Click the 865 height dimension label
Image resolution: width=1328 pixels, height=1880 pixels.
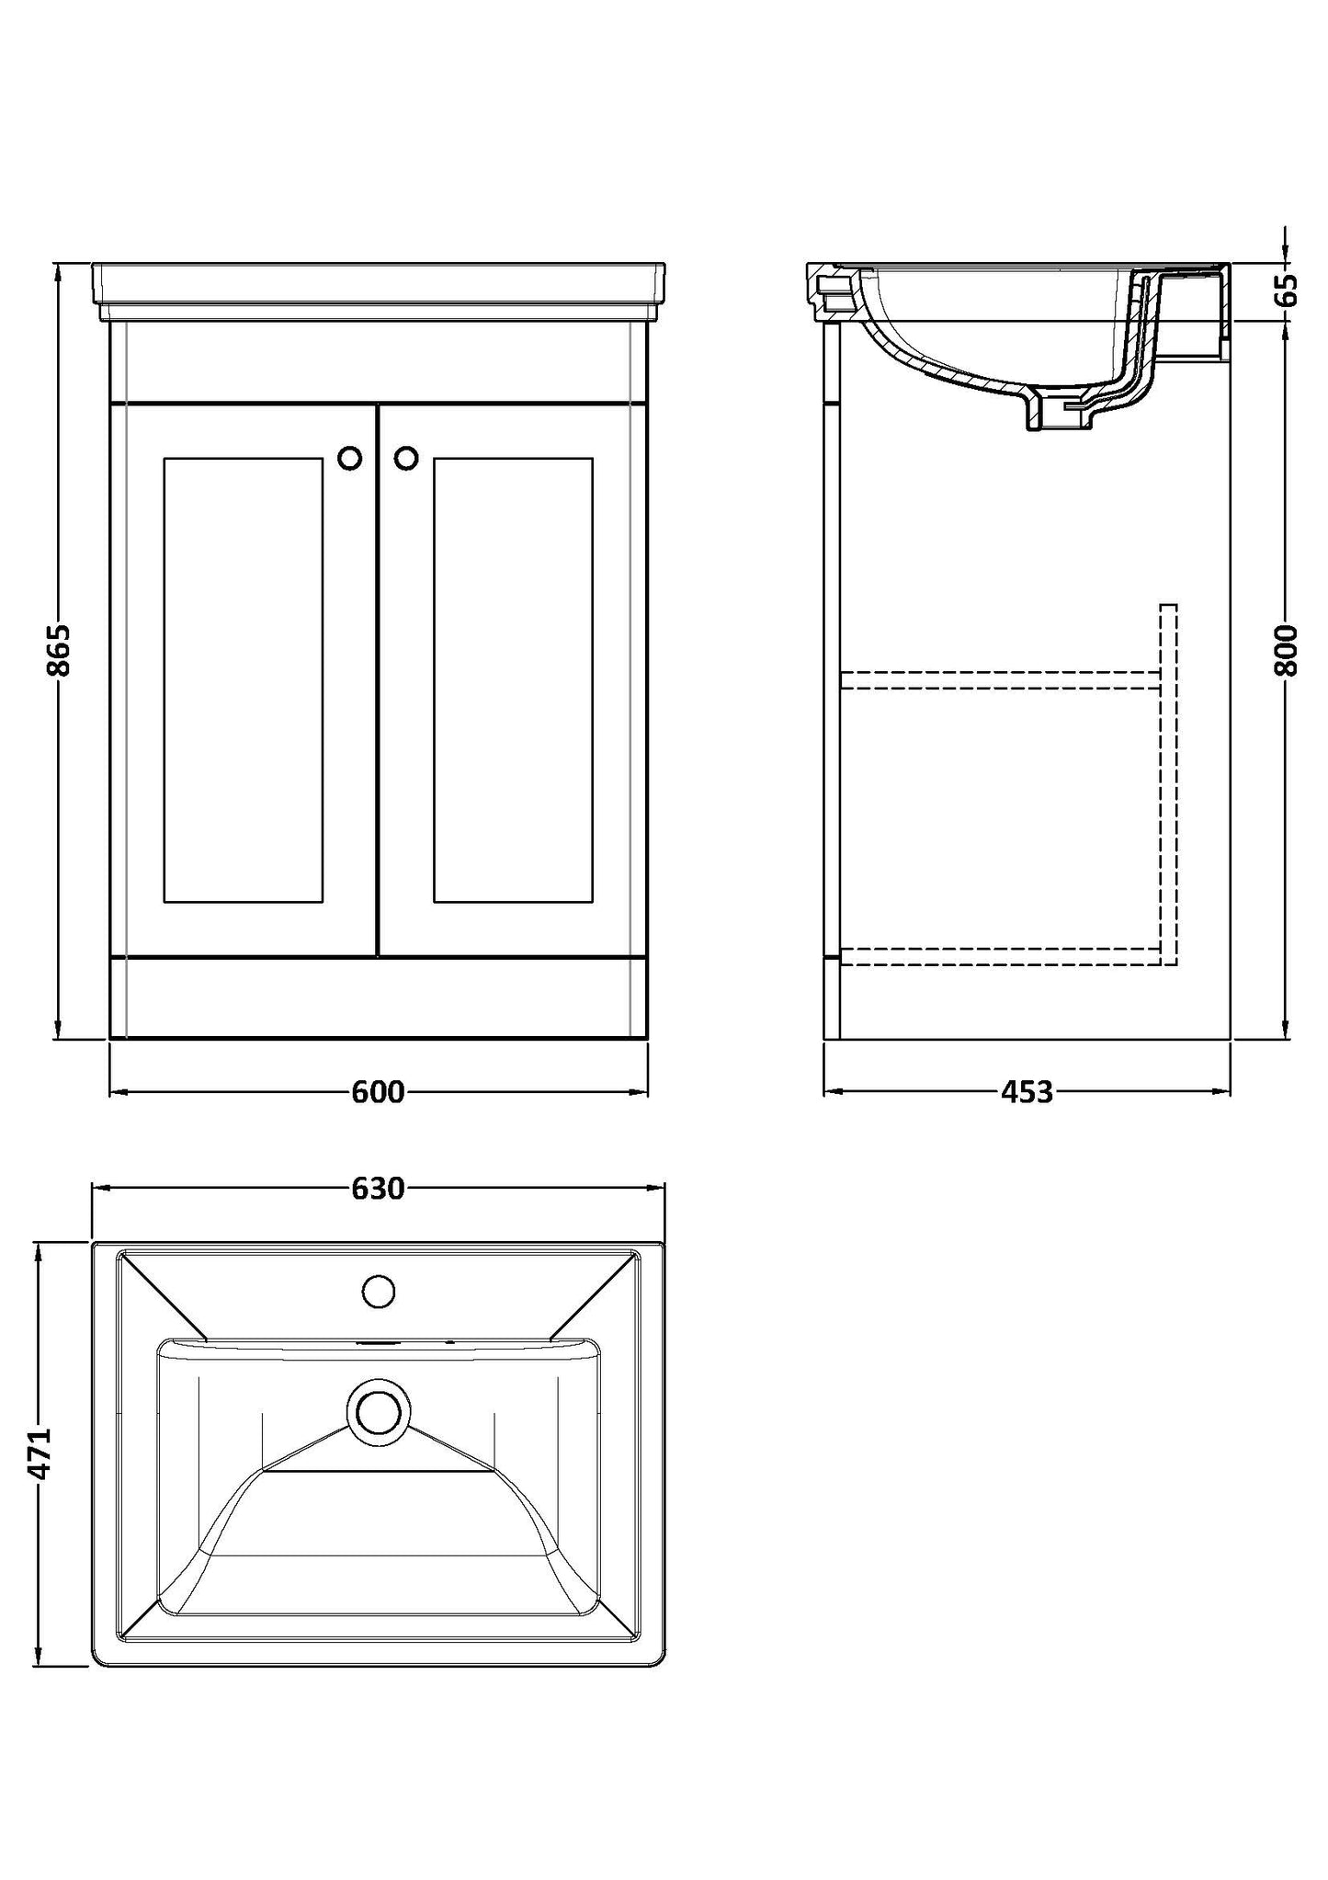(58, 650)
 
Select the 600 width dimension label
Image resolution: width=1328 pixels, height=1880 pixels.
(378, 1092)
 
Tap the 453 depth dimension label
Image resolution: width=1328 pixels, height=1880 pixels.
(1027, 1092)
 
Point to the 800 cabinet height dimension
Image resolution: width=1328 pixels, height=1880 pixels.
(1286, 650)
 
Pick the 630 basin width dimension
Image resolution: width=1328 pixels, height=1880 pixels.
(378, 1189)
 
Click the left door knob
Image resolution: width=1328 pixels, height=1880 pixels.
(350, 458)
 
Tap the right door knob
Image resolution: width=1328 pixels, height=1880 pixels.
(406, 458)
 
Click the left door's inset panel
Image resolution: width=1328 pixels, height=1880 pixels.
(244, 680)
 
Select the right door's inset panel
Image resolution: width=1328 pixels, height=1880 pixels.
(513, 680)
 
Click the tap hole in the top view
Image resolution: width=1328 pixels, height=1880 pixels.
(379, 1292)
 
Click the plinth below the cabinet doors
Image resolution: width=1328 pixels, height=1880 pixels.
(378, 999)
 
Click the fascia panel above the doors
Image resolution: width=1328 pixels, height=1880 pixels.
(378, 361)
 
